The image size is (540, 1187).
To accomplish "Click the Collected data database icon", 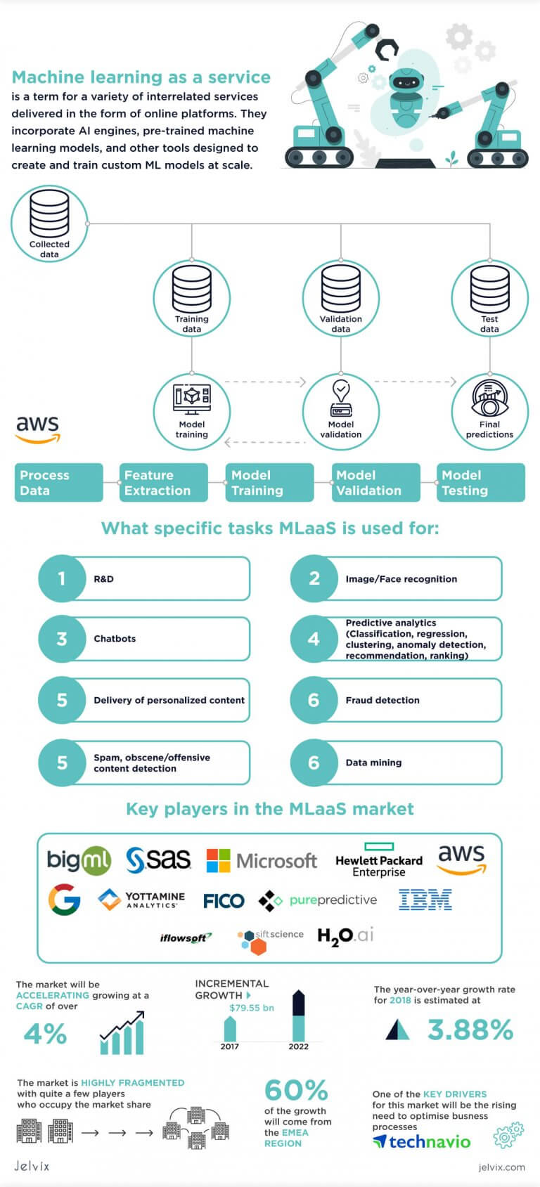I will click(49, 214).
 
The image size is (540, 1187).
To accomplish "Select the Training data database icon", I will click(192, 288).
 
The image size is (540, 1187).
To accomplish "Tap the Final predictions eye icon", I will click(489, 400).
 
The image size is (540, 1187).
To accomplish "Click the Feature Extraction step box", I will click(163, 483).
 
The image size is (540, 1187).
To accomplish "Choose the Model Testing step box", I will click(480, 483).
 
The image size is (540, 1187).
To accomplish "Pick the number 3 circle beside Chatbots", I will click(62, 639).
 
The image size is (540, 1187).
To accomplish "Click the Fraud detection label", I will click(382, 701).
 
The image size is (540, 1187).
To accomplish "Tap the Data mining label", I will click(373, 763).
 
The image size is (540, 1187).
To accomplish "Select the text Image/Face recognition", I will click(401, 579).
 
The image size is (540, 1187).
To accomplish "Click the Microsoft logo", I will click(262, 861).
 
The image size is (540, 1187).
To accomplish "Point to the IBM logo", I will click(425, 900).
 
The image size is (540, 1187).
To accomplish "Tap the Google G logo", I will click(64, 900).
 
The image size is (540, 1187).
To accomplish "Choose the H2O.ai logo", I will click(345, 936).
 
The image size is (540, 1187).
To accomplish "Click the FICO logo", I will click(224, 901).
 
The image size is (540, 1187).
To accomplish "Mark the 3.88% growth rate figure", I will click(470, 1030).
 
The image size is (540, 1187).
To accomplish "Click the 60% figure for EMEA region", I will click(296, 1091).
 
